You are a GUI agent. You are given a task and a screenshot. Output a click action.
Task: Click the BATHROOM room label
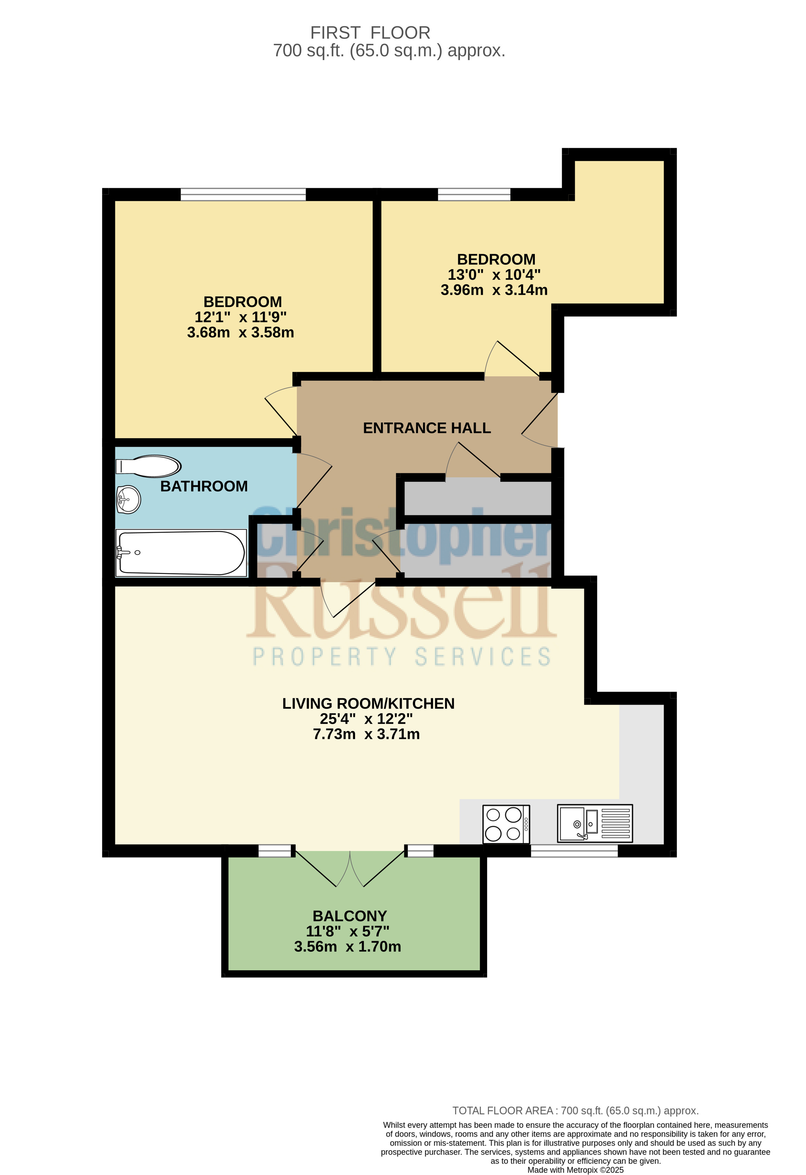[x=204, y=486]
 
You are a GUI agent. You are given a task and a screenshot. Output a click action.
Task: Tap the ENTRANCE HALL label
[x=427, y=428]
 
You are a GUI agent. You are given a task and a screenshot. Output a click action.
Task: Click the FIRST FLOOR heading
[x=371, y=33]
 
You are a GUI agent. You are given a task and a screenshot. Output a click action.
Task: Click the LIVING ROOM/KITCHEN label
[x=368, y=704]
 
